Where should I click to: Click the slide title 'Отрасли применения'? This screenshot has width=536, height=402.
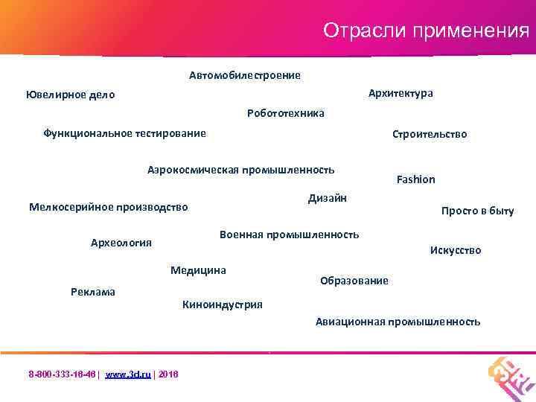click(x=426, y=31)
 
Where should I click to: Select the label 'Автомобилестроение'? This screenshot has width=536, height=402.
click(x=244, y=75)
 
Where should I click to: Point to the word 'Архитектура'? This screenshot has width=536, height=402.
click(x=401, y=93)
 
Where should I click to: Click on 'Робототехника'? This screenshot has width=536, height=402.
click(x=285, y=113)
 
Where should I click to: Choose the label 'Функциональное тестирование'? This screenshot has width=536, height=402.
click(x=124, y=133)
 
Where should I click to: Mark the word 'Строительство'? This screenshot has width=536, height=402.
click(x=430, y=134)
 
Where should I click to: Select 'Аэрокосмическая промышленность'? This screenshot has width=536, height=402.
click(x=240, y=170)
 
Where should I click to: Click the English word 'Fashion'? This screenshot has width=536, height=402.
click(x=416, y=179)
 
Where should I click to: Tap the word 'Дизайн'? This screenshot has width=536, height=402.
click(x=328, y=197)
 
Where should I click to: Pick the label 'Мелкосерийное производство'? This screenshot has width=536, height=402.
click(x=108, y=207)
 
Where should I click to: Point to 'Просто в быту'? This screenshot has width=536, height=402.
click(x=477, y=211)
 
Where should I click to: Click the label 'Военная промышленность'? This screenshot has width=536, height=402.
click(x=289, y=234)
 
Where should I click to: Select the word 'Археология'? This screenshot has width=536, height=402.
click(x=121, y=242)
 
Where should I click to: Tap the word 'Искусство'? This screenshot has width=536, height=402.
click(x=456, y=250)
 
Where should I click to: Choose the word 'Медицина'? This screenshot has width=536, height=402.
click(x=198, y=269)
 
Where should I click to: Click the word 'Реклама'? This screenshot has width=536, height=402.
click(x=93, y=291)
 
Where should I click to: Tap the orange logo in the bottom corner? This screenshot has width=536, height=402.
click(x=511, y=374)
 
